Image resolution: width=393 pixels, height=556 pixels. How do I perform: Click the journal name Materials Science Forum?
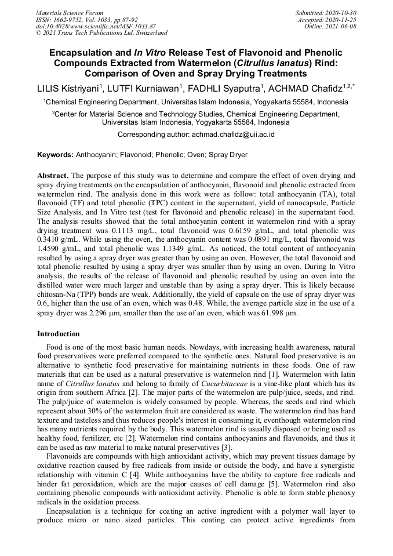70,12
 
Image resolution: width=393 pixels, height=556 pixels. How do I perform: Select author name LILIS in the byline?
49,88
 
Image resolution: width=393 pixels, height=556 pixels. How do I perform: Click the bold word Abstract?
53,175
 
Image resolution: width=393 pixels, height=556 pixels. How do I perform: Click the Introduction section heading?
59,334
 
